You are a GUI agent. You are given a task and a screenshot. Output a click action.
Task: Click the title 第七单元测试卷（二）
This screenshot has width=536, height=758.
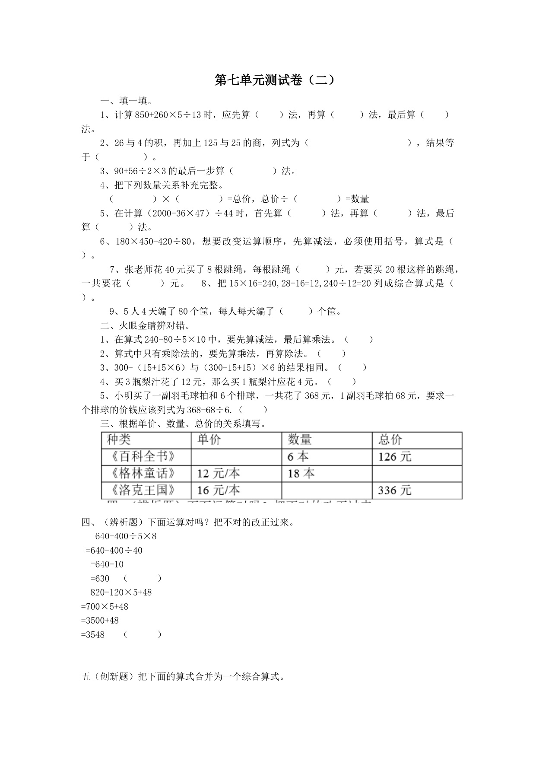[275, 80]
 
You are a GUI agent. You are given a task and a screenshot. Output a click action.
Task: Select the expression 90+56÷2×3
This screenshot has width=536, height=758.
[143, 171]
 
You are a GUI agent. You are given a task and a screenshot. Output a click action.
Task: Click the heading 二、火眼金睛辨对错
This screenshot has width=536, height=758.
[146, 325]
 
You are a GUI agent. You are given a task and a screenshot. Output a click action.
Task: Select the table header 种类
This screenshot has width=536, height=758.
[119, 440]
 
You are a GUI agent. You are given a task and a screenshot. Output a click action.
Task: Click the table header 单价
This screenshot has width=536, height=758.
[209, 440]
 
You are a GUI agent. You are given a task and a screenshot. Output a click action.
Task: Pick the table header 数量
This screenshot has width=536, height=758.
[300, 440]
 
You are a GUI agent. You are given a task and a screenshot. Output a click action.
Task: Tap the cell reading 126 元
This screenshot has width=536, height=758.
[395, 457]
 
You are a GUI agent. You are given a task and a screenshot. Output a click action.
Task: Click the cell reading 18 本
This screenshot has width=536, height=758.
[301, 474]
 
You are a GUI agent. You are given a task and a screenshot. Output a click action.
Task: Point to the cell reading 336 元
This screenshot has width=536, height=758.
[395, 490]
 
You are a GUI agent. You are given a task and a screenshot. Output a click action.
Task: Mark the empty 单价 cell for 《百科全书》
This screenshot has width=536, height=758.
[236, 457]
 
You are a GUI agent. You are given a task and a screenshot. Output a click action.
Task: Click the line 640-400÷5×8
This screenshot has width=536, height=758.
[126, 537]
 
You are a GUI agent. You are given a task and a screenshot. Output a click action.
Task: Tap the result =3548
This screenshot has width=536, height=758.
[93, 635]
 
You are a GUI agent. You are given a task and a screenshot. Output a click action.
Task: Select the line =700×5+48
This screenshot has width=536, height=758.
[105, 607]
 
